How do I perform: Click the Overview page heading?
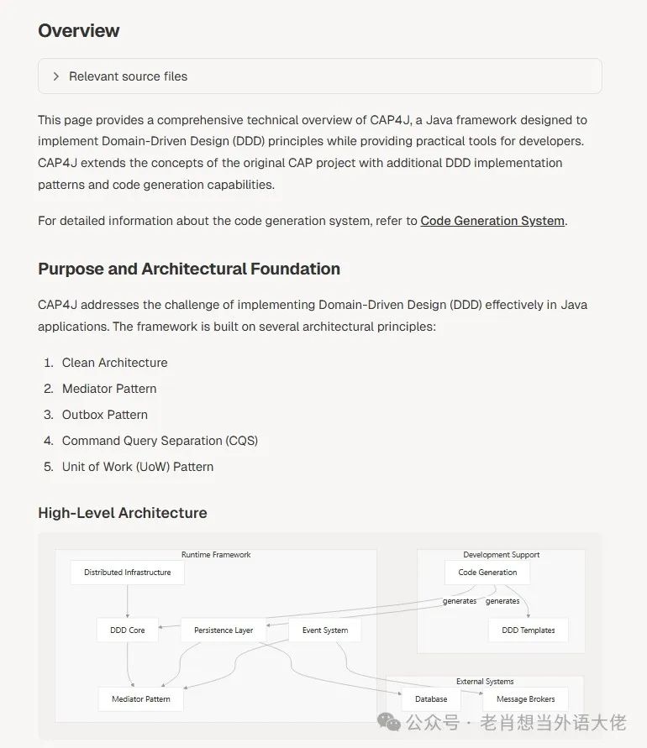point(79,31)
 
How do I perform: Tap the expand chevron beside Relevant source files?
point(56,76)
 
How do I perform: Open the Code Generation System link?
point(492,221)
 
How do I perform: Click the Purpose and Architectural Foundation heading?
point(189,269)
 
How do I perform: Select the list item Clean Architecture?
point(114,363)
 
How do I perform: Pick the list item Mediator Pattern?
point(109,389)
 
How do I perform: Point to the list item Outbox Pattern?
point(104,415)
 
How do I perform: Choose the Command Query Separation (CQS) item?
point(160,441)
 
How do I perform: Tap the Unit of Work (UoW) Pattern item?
point(138,467)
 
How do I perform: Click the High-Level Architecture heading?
point(123,513)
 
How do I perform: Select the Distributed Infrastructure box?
point(128,573)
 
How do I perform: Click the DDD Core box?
point(128,630)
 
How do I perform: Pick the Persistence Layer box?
point(224,630)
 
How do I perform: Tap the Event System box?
point(325,630)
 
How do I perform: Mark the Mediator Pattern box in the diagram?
point(141,698)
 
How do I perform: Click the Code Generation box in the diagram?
point(487,573)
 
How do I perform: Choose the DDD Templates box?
point(529,630)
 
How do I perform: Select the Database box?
point(431,698)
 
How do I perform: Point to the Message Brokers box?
point(525,698)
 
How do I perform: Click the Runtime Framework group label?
point(216,555)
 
